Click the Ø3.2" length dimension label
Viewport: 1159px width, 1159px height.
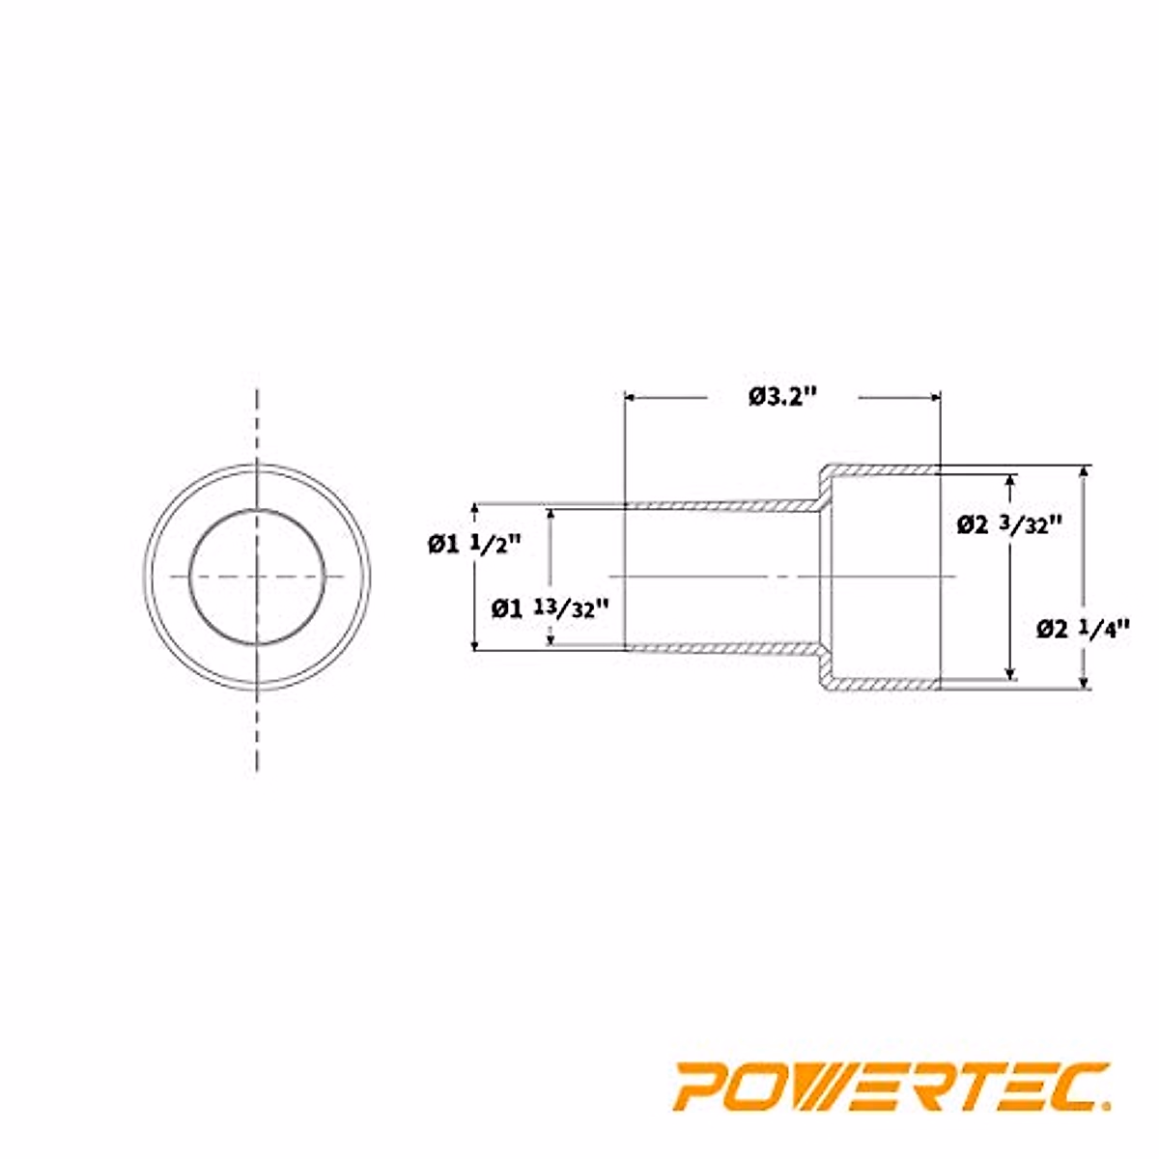pyautogui.click(x=782, y=397)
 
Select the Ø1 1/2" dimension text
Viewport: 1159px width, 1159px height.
pyautogui.click(x=474, y=544)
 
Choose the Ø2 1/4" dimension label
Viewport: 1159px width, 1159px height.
pyautogui.click(x=1083, y=629)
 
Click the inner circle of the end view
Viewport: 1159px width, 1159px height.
pyautogui.click(x=256, y=577)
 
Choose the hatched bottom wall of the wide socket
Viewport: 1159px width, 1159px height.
pyautogui.click(x=879, y=684)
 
